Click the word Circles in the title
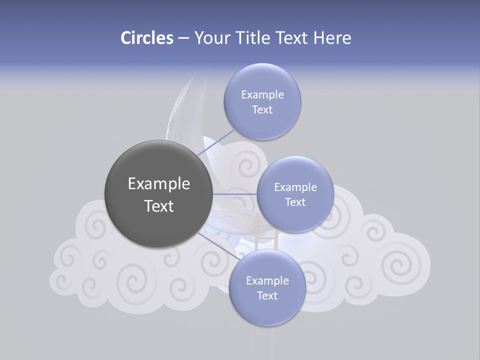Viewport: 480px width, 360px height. click(x=146, y=37)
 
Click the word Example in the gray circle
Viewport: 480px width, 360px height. click(x=158, y=184)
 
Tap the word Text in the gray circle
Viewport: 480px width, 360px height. click(x=158, y=206)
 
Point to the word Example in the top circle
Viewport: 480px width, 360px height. click(x=262, y=94)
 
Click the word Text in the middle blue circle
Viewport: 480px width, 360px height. click(x=295, y=202)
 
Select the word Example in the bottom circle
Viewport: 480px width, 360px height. click(x=267, y=280)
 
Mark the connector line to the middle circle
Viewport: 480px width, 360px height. click(x=235, y=194)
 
